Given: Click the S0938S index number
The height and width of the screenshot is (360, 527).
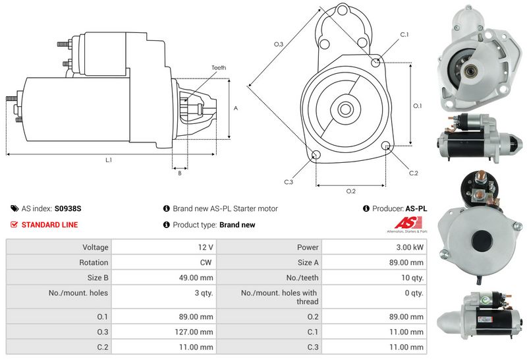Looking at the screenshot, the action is (x=68, y=208).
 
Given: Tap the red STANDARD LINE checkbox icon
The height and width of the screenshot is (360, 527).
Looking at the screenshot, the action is (x=14, y=224).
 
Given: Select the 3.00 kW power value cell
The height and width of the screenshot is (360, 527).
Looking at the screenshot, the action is (x=374, y=247).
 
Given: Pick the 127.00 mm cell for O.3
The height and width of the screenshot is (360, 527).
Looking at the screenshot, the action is (x=163, y=332).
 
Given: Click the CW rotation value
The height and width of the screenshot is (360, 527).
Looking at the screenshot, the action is (x=206, y=262).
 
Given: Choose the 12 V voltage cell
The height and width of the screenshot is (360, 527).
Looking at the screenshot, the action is (x=163, y=247).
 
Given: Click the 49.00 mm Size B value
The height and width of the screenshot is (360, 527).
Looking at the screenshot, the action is (x=196, y=278).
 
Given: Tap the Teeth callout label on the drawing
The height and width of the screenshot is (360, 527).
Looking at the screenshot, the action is (x=219, y=68).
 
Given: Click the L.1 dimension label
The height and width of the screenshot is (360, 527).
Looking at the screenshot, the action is (x=109, y=160).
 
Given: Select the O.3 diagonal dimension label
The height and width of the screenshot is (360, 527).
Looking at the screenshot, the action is (x=279, y=44).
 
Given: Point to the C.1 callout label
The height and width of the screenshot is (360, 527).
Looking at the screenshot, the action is (x=404, y=35).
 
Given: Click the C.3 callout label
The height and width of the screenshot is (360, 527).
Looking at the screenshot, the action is (x=289, y=182).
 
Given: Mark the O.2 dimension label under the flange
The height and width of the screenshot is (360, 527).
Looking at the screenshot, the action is (x=351, y=191).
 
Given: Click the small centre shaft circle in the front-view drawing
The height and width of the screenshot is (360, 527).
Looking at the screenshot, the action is (x=345, y=109).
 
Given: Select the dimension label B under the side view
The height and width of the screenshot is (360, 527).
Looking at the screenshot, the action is (x=180, y=173).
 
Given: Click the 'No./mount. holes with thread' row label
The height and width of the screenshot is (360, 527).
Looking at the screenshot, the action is (x=279, y=297).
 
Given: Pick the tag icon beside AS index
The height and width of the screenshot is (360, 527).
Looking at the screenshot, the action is (x=14, y=208).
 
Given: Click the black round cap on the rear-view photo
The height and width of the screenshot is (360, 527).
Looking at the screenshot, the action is (x=482, y=241).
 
